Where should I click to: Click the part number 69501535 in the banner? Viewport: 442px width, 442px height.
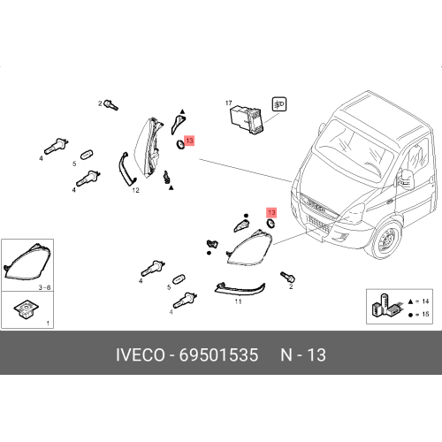pos(218,354)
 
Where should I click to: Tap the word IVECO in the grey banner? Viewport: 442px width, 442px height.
pos(141,354)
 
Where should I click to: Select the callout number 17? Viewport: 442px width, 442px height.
pos(229,103)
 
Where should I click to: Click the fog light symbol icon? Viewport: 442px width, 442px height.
pos(279,104)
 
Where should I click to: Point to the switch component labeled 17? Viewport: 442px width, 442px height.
pos(247,119)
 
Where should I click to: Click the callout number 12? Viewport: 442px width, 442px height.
pos(135,190)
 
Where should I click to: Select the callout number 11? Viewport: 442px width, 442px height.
pos(238,301)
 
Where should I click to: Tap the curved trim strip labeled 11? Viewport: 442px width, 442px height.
pos(240,289)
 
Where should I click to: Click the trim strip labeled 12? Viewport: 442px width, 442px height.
pos(126,170)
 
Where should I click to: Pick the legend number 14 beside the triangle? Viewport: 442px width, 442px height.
pos(425,301)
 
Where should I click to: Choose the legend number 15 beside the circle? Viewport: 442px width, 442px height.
pos(425,314)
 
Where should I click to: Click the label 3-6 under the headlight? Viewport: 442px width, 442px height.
pos(44,287)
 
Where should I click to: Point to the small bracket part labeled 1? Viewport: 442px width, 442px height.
pos(27,309)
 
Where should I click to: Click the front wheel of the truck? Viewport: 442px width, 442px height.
pos(386,240)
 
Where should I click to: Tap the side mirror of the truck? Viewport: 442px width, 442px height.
pos(407,178)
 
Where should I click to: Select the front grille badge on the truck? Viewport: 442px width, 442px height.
pos(316,205)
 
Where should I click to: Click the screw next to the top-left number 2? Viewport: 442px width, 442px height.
pos(111,104)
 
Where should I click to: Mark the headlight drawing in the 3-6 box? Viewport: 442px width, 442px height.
pos(27,262)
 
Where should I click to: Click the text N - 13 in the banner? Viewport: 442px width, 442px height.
pos(303,354)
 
